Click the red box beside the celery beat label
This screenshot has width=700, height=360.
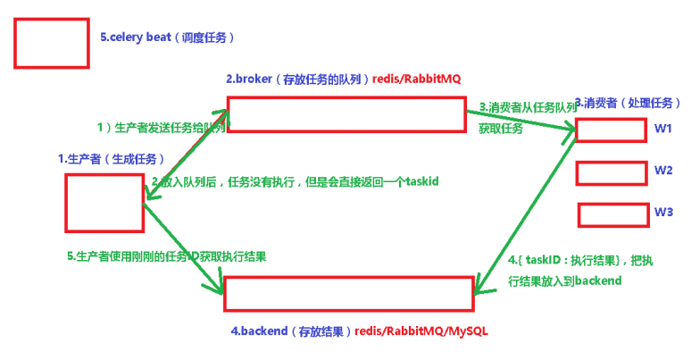[x=52, y=43]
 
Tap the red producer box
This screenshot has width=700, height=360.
[x=104, y=203]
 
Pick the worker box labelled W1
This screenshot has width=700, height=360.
[x=608, y=130]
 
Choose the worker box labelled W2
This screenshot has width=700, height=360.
[x=608, y=172]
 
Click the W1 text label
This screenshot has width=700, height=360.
[x=662, y=129]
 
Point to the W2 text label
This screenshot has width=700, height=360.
[x=662, y=170]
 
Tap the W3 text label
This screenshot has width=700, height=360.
[x=662, y=212]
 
